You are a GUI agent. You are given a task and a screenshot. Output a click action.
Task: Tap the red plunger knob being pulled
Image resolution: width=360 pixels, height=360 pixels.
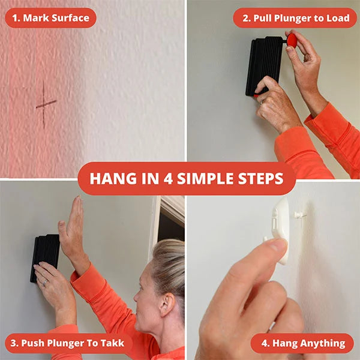click(x=291, y=40)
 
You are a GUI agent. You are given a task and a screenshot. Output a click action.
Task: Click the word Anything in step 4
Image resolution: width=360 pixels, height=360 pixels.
click(x=309, y=343)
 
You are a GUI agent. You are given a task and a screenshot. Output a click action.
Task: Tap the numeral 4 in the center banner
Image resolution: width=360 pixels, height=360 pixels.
click(x=168, y=178)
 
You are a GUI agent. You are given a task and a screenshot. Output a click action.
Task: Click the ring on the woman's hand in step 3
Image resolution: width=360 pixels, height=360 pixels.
click(x=45, y=283)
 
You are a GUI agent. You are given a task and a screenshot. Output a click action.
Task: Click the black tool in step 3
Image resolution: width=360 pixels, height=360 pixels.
click(x=45, y=257)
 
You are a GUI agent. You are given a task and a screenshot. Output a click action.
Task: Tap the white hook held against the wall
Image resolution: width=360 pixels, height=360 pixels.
click(x=280, y=230)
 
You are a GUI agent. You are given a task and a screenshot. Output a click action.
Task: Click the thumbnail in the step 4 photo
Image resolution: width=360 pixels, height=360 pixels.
click(x=278, y=246)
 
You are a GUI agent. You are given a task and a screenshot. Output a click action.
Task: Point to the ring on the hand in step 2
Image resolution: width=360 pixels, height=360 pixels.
click(x=262, y=102)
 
